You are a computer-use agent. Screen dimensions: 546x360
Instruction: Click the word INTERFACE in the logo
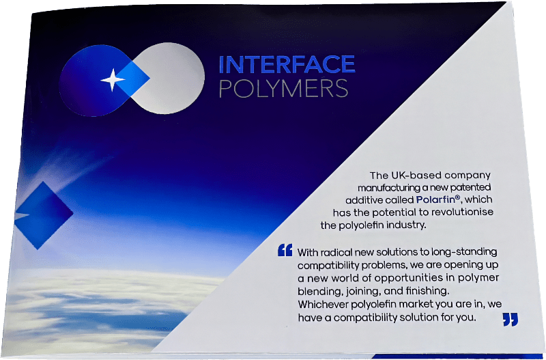coord(287,64)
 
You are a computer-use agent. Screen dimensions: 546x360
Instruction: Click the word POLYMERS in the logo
coord(283,89)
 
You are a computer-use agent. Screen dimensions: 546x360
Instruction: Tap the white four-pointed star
coord(113,80)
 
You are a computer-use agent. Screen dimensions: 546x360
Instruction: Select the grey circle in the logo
coord(168,78)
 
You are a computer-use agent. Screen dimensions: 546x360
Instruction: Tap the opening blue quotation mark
coord(285,250)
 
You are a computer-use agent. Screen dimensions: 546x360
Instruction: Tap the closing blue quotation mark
coord(510,319)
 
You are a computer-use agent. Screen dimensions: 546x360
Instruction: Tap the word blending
coord(315,291)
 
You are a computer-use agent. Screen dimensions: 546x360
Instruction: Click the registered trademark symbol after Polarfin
coord(458,197)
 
